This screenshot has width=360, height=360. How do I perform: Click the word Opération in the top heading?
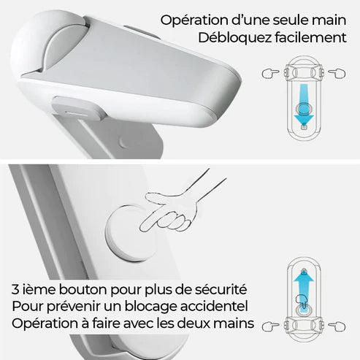(x=194, y=21)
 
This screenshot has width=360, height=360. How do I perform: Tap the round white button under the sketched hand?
(x=130, y=234)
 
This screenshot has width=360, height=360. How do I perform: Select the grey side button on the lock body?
(x=78, y=107)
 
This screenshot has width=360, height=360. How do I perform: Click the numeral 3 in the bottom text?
(x=15, y=290)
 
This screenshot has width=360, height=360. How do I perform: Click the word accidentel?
(x=214, y=306)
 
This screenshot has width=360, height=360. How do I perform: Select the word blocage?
(x=151, y=307)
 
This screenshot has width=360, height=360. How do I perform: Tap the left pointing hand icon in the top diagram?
(x=270, y=73)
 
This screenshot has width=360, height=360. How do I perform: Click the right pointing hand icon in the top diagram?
(x=337, y=73)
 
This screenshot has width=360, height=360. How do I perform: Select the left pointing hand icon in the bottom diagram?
(x=270, y=326)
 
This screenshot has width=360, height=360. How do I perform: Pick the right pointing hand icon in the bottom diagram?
(x=337, y=326)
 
